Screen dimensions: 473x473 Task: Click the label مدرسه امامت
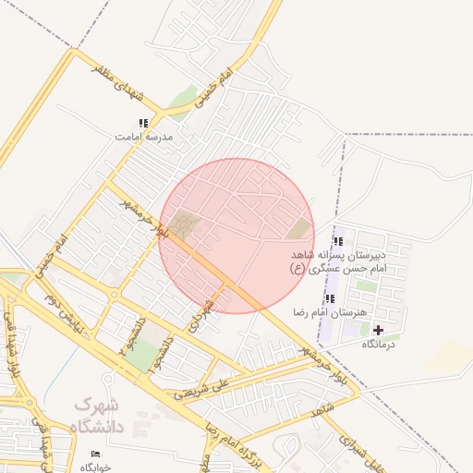[143, 136]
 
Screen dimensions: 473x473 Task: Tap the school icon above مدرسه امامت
[143, 123]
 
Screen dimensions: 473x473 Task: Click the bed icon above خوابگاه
[95, 455]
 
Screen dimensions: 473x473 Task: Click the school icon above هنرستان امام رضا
[330, 298]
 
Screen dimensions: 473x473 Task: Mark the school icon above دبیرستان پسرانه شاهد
[337, 241]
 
